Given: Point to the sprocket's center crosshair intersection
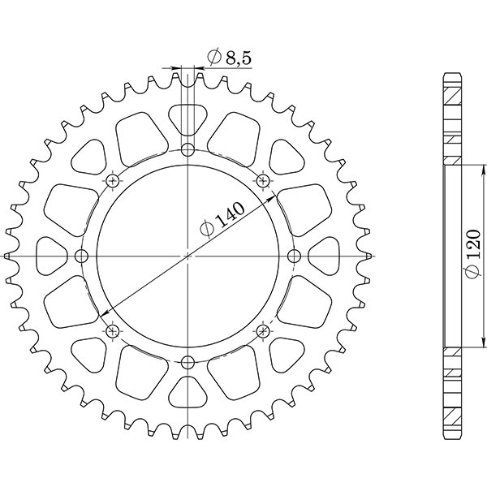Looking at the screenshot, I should click(x=187, y=256).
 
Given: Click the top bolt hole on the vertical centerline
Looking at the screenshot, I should click(x=187, y=149).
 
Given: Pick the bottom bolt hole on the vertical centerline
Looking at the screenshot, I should click(x=187, y=362).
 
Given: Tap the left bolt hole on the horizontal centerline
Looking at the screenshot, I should click(x=81, y=256).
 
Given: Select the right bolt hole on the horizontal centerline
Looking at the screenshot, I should click(x=294, y=256).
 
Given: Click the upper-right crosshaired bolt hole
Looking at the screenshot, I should click(x=262, y=180).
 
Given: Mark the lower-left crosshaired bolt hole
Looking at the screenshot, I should click(x=112, y=330).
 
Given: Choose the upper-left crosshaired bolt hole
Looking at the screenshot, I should click(x=112, y=180).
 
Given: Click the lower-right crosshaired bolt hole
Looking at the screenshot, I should click(x=262, y=330).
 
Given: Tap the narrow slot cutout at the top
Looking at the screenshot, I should click(x=187, y=118).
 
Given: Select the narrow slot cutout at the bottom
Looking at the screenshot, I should click(x=187, y=394).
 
